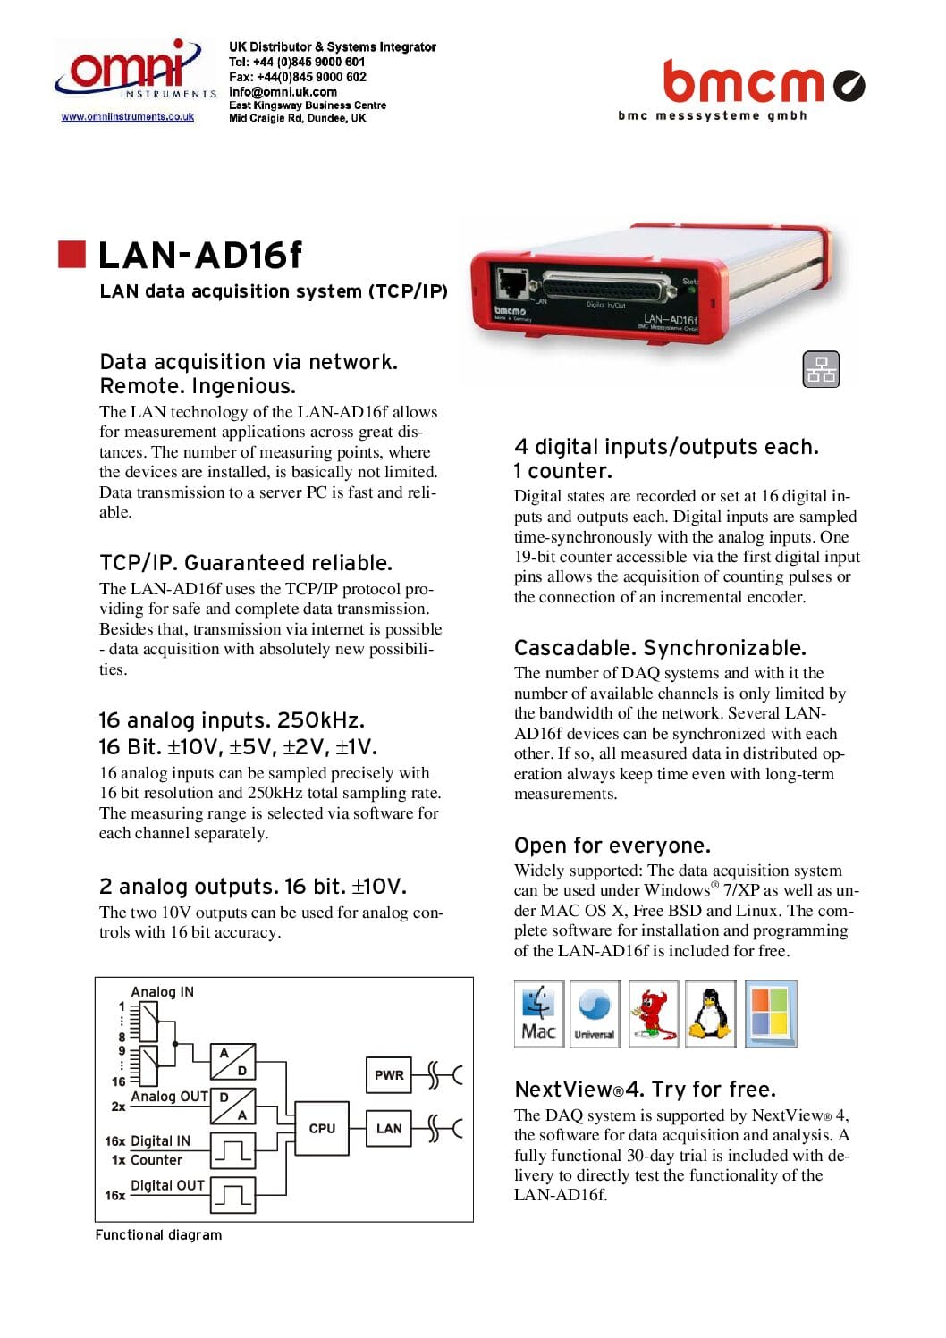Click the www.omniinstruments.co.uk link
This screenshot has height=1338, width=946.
[127, 117]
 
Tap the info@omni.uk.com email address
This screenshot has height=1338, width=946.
[283, 91]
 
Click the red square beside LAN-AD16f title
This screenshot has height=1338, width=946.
[72, 254]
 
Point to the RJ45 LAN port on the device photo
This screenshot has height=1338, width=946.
[513, 283]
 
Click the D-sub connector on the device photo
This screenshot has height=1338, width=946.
[605, 287]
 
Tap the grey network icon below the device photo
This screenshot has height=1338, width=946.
[821, 369]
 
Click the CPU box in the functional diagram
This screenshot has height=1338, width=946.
[322, 1128]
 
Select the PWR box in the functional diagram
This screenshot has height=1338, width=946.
[388, 1074]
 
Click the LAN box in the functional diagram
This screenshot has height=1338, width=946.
[388, 1128]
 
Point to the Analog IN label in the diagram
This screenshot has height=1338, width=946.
[162, 991]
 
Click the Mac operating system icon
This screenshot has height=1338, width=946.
[538, 1014]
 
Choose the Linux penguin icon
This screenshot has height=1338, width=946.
[711, 1014]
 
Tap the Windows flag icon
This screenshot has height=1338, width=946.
[770, 1014]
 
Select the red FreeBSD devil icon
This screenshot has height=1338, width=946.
[654, 1014]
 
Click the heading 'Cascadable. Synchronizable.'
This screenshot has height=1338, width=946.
[660, 647]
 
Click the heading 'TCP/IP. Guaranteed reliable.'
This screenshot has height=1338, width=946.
[246, 562]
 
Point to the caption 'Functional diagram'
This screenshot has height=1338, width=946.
[158, 1234]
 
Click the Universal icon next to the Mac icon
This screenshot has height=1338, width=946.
[595, 1014]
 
